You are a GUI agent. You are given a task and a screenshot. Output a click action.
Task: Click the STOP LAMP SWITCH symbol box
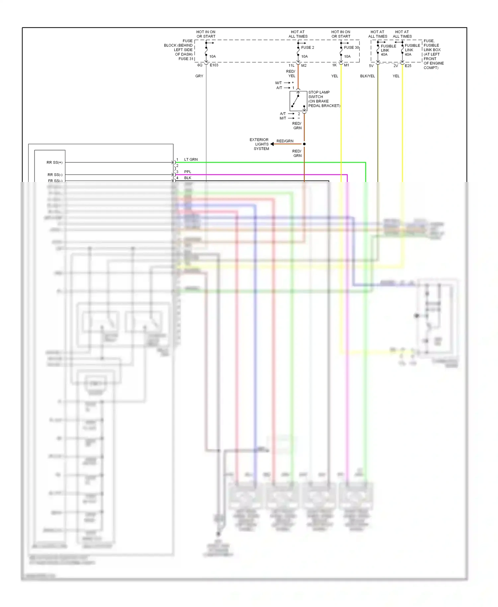point(298,101)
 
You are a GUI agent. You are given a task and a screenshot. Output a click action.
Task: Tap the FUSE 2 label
point(307,47)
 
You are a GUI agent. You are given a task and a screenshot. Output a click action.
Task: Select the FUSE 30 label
point(351,47)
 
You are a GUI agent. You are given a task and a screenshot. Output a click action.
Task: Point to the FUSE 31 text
point(186,59)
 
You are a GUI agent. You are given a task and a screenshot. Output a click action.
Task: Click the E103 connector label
point(214,65)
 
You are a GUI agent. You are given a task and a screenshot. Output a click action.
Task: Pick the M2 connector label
point(304,65)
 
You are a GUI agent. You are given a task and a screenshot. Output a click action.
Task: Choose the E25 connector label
point(408,66)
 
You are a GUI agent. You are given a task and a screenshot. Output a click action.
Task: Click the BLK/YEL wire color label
point(368,76)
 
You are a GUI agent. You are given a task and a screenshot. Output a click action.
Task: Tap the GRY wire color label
point(199,76)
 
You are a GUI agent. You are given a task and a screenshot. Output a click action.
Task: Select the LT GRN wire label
point(191,159)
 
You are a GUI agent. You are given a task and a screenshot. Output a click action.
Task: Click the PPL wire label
point(188,172)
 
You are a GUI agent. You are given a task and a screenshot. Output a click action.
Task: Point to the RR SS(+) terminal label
point(54,162)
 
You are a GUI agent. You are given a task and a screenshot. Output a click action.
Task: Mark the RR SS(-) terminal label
point(55,175)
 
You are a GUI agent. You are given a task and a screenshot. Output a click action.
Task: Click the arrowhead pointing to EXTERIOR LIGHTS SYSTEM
point(272,144)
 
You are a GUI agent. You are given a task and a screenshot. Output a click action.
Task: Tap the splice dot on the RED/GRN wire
point(304,144)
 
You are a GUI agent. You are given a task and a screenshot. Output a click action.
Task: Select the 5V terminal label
point(371,66)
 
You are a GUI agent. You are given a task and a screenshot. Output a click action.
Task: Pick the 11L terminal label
point(291,65)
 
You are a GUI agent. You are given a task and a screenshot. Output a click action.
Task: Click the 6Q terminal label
point(200,65)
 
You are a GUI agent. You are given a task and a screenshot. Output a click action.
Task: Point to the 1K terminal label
point(334,65)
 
